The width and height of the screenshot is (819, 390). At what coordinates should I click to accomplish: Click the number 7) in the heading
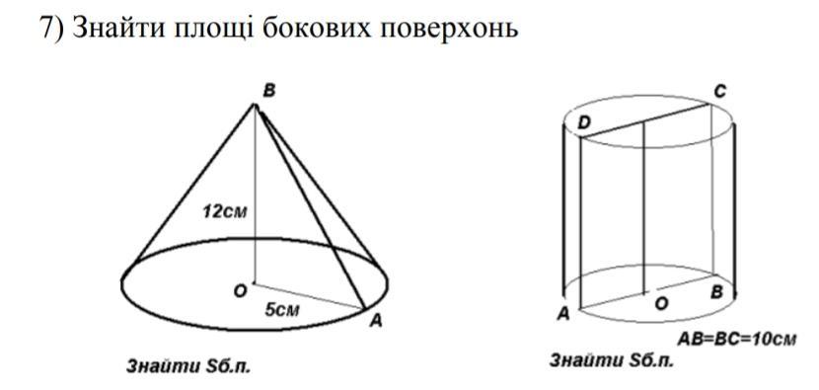click(51, 29)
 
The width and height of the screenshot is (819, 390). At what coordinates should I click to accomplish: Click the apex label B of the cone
click(269, 92)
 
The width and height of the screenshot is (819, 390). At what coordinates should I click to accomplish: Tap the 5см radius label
click(282, 310)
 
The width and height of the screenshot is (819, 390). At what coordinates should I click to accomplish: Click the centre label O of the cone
click(240, 291)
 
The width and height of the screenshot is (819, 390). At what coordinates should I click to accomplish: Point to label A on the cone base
click(376, 322)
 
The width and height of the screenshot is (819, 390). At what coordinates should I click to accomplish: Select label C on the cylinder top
click(719, 93)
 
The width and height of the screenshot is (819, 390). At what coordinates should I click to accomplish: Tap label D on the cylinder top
click(584, 124)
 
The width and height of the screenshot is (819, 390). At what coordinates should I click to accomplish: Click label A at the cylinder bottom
click(563, 314)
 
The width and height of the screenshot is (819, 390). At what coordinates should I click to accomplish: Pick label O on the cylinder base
click(661, 304)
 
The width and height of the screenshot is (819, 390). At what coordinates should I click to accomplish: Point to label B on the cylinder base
click(716, 292)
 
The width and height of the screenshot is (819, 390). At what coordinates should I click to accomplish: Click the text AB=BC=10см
click(737, 340)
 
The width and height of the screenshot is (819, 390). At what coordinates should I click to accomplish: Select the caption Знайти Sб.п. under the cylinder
click(612, 360)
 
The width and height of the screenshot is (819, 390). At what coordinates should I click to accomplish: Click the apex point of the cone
click(256, 106)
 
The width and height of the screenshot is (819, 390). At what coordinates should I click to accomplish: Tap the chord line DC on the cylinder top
click(646, 121)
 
